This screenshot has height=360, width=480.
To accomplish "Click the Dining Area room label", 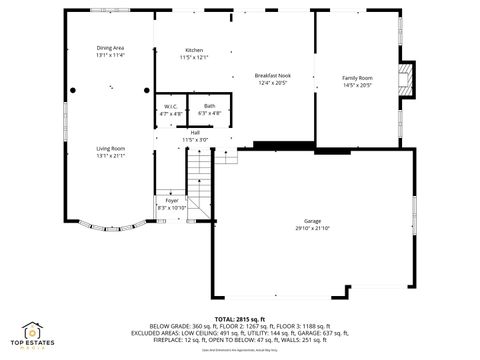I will [x=110, y=48].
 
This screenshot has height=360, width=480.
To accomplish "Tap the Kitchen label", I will [x=195, y=50].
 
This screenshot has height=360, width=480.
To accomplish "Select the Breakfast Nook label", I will [x=272, y=76].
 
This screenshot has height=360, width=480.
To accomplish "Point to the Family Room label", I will [x=357, y=77].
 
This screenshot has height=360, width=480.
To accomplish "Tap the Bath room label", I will [x=209, y=106].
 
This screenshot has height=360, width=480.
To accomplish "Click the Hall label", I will [x=195, y=132].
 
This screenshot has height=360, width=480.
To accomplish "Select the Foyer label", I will [x=172, y=200].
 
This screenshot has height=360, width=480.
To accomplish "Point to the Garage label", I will [x=313, y=221].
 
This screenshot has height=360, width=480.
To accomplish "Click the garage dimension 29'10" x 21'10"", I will [x=313, y=228].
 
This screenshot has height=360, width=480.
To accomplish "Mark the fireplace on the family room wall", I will [x=404, y=78].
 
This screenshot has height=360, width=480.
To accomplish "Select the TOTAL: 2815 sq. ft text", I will [x=240, y=318].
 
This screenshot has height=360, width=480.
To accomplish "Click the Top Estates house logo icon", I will [x=33, y=331].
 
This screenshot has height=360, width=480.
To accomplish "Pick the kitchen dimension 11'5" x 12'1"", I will [x=195, y=57].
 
